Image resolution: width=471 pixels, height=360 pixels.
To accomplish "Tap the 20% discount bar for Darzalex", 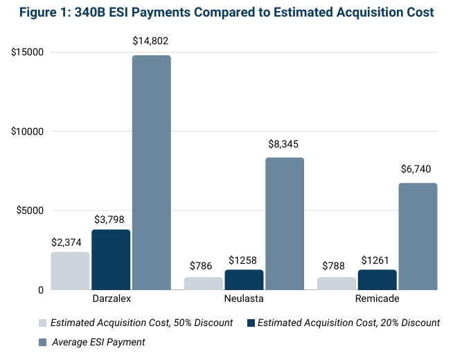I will point(111,259).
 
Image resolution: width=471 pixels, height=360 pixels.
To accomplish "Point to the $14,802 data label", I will point(150,42).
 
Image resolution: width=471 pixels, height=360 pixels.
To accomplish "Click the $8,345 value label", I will point(284,144).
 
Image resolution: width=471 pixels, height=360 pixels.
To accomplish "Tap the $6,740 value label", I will point(418,169).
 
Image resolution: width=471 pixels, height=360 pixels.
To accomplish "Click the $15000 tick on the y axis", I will point(22,53).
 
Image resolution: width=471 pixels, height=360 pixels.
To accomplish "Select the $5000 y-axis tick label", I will point(25,211).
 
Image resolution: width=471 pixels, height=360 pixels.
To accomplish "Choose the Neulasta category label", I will point(244,299).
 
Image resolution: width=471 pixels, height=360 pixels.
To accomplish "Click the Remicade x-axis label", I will point(377,299).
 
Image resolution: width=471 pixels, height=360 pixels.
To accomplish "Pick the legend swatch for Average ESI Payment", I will point(42,342).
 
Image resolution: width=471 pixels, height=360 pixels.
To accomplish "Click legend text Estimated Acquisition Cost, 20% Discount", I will point(348,323).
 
